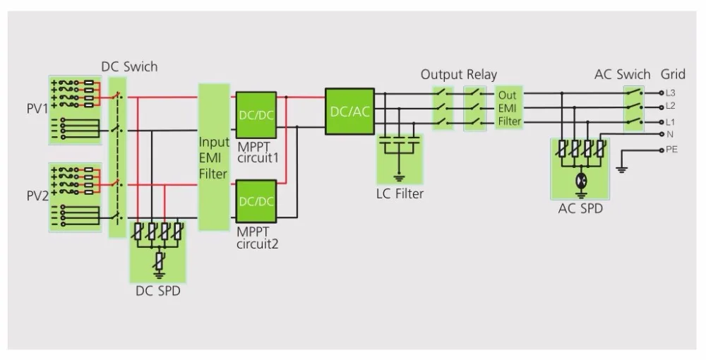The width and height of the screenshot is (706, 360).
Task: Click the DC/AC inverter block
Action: tap(350, 111)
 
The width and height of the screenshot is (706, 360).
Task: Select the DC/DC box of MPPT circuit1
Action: tap(256, 115)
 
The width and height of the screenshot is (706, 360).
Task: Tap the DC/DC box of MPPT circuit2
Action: tap(256, 201)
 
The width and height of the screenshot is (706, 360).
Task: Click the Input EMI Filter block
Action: tap(214, 157)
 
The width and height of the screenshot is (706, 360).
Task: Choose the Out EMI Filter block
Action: tap(509, 108)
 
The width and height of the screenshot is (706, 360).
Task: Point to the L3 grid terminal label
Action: tap(671, 93)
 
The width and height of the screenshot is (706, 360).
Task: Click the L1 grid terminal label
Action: tap(671, 122)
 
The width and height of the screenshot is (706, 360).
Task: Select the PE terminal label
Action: tap(672, 150)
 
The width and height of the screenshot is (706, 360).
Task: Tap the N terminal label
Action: tap(669, 134)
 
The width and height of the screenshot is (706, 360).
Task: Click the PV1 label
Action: tap(37, 109)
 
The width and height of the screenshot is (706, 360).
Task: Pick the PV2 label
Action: tap(37, 196)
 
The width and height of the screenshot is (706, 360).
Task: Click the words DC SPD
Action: tap(158, 291)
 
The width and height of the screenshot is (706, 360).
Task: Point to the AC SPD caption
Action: tap(580, 208)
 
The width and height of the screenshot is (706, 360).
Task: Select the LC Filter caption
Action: tap(400, 193)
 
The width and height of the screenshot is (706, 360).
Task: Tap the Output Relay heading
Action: tap(459, 74)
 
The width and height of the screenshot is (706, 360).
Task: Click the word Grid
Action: tap(673, 74)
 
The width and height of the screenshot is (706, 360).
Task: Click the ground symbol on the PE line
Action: tap(622, 169)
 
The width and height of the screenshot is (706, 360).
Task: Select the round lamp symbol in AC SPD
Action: tap(581, 181)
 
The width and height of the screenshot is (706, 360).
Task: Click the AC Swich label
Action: tap(622, 74)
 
